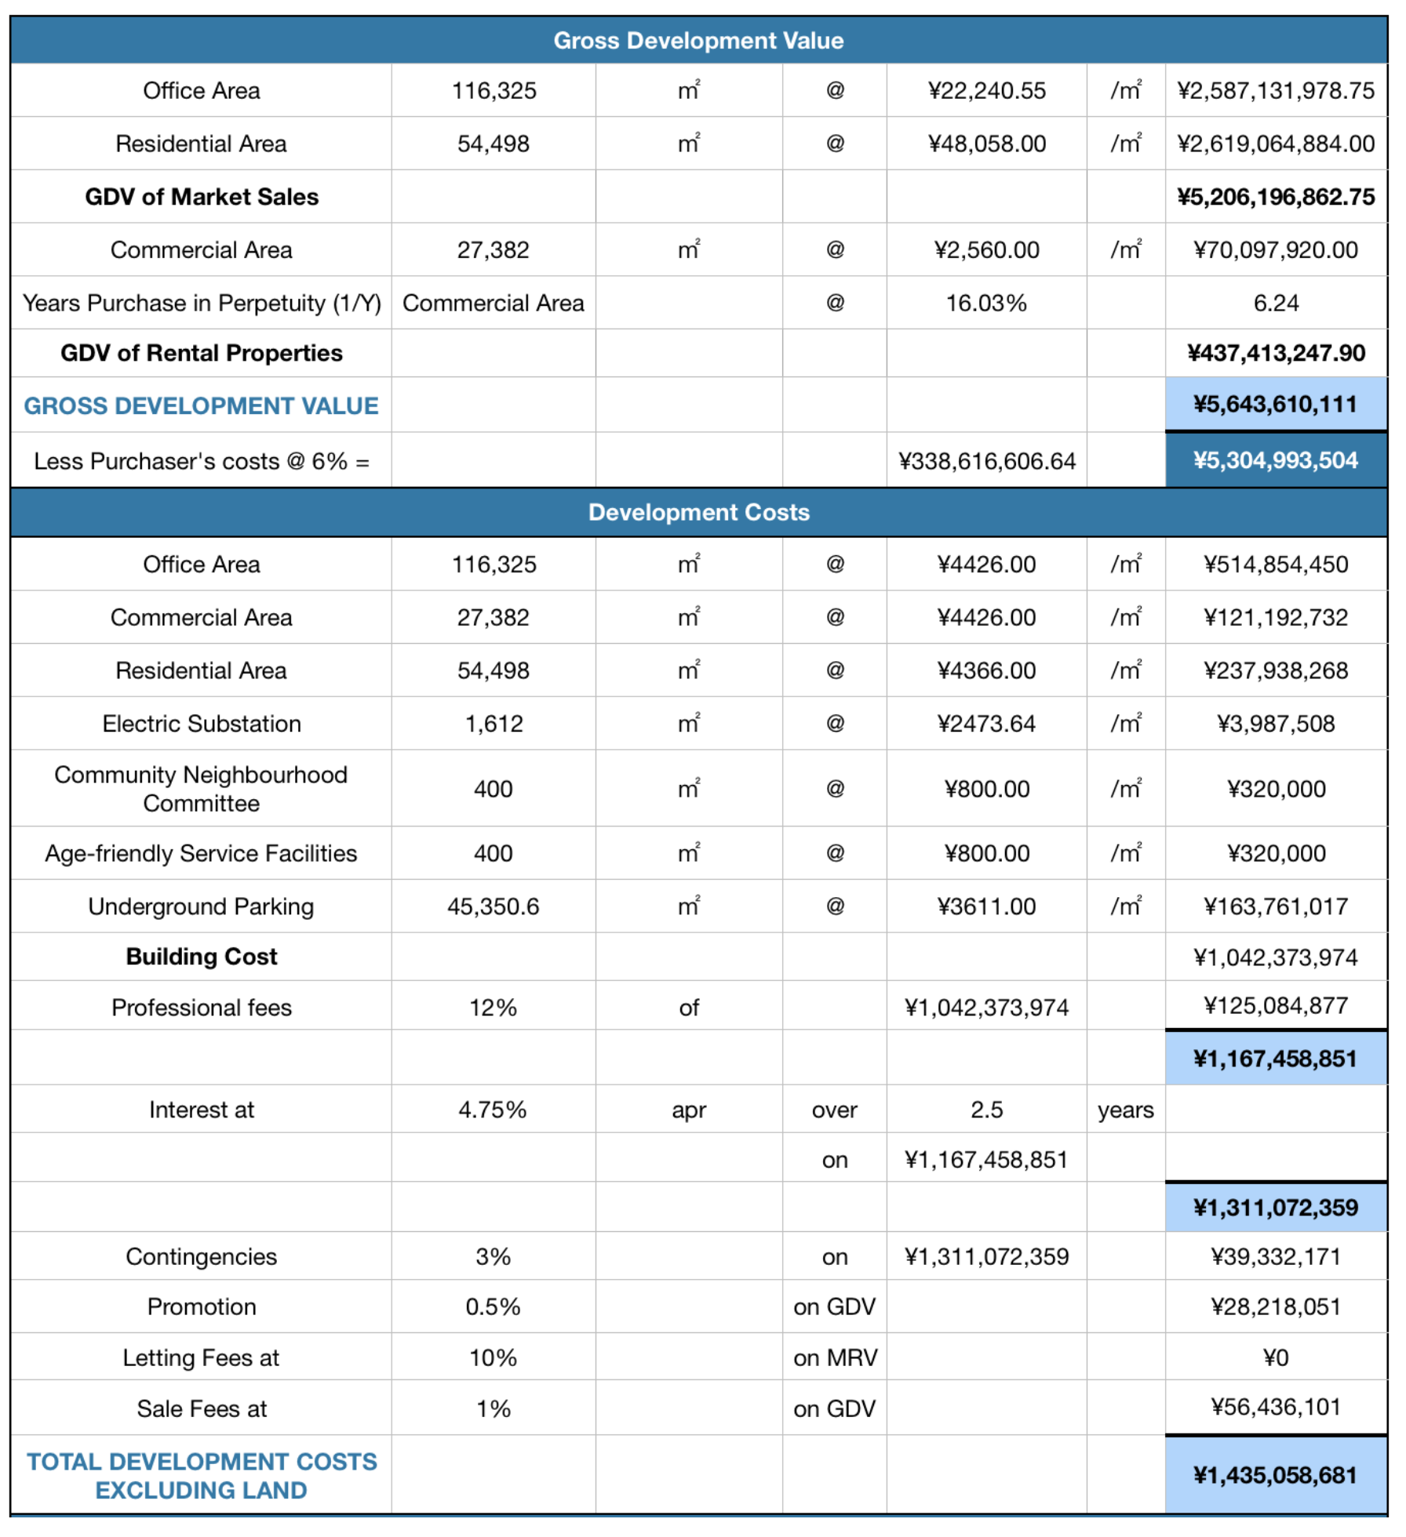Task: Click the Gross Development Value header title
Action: coord(698,41)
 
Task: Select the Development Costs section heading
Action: coord(698,512)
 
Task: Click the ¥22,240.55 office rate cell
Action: coord(986,91)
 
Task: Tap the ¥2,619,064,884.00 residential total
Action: coord(1276,144)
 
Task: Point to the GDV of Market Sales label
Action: coord(202,197)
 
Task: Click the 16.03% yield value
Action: coord(986,303)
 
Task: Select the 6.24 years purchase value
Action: coord(1276,303)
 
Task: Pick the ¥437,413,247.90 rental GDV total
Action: coord(1276,354)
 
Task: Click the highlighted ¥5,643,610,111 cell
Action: coord(1276,405)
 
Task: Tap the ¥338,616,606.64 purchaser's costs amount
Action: coord(986,462)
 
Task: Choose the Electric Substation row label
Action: coord(202,724)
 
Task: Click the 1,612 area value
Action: coord(494,724)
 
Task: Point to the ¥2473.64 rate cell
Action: coord(986,724)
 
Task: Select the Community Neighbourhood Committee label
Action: coord(202,789)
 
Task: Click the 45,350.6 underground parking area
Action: coord(494,907)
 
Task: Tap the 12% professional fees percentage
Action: coord(494,1008)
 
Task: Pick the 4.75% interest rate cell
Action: coord(494,1110)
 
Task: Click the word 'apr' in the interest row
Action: coord(689,1110)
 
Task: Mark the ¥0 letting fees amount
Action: coord(1276,1358)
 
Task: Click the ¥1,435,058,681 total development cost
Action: coord(1276,1476)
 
